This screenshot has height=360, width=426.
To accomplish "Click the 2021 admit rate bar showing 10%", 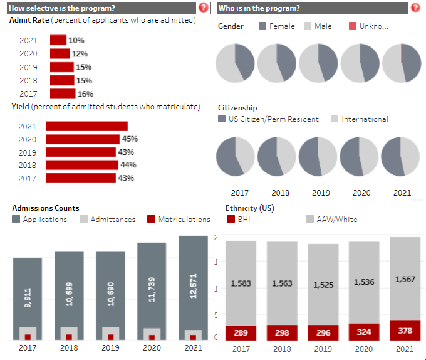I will (58, 40).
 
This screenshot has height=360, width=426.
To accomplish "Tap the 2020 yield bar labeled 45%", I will (83, 139).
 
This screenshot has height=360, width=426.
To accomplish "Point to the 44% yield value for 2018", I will (128, 165).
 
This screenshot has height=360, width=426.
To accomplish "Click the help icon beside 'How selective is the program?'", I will (203, 8).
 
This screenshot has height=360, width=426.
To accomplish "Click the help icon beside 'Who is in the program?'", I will (415, 8).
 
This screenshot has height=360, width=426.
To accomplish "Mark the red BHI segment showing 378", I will (405, 331).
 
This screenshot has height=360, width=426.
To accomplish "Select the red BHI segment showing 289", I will (241, 332).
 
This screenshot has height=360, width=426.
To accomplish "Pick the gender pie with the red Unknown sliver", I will (402, 63).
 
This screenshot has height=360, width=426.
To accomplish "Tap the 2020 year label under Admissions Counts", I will (152, 348).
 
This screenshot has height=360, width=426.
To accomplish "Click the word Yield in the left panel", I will (19, 107).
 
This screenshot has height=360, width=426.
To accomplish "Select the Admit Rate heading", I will (28, 20).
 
